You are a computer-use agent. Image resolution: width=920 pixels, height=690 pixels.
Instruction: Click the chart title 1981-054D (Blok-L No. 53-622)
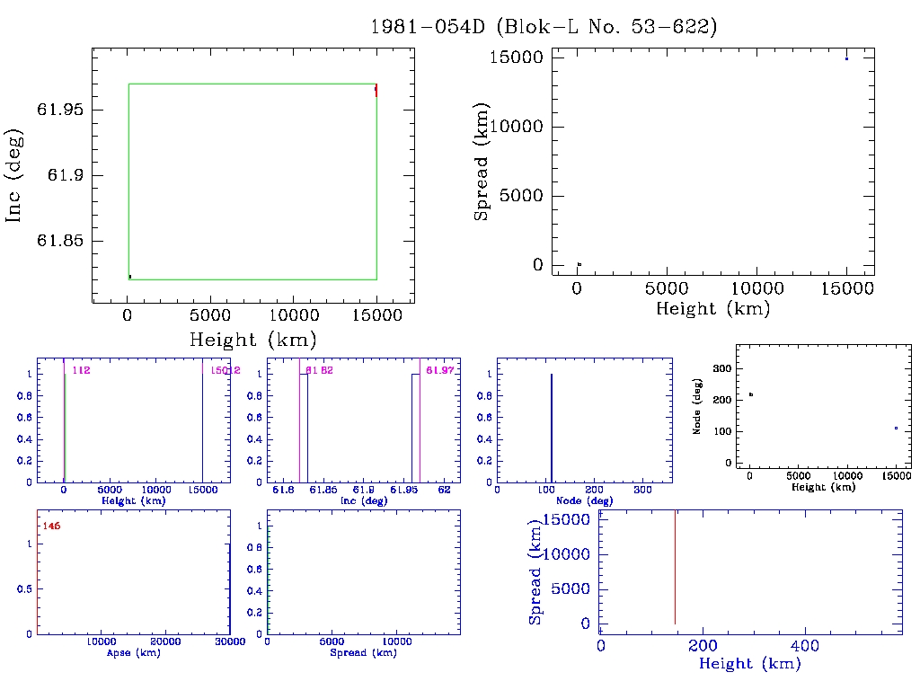click(x=544, y=27)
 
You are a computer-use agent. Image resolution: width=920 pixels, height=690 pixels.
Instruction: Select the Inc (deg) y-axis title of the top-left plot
click(x=14, y=176)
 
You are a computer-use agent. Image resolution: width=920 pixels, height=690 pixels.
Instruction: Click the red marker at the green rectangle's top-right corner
click(x=376, y=90)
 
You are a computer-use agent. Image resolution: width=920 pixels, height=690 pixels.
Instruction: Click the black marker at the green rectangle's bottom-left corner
click(x=130, y=277)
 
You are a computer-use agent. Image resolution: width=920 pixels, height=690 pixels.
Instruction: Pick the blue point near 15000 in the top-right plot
click(x=846, y=58)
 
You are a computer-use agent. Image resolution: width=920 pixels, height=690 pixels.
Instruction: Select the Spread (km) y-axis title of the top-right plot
click(x=482, y=163)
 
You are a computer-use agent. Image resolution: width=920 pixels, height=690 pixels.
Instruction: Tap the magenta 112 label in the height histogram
click(x=81, y=370)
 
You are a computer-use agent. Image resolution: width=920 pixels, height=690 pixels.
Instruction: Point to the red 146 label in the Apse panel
click(x=51, y=526)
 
